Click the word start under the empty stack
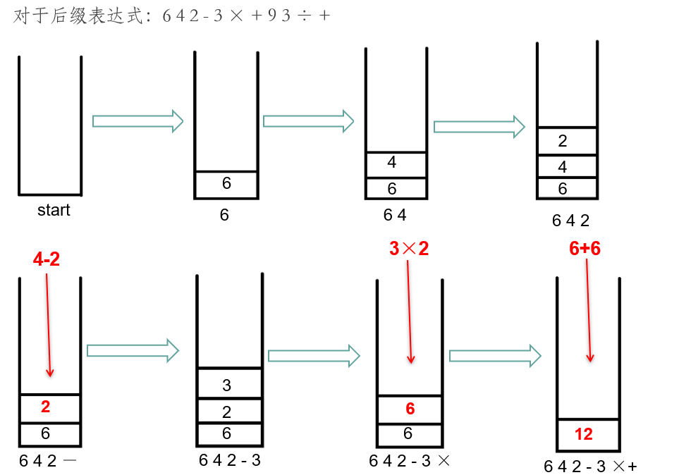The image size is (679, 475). pyautogui.click(x=54, y=210)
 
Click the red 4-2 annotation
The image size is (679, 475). pyautogui.click(x=47, y=259)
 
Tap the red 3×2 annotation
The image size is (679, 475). pyautogui.click(x=409, y=248)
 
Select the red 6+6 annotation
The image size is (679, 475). pyautogui.click(x=585, y=248)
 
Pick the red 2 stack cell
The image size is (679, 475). pyautogui.click(x=46, y=407)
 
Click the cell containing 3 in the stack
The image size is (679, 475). pyautogui.click(x=226, y=385)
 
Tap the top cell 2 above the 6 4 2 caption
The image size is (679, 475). pyautogui.click(x=562, y=141)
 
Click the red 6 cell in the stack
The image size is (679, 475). pyautogui.click(x=410, y=409)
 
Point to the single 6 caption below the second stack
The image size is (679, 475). pyautogui.click(x=224, y=214)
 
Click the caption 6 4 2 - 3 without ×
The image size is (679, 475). pyautogui.click(x=230, y=461)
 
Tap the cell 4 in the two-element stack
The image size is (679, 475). pyautogui.click(x=392, y=163)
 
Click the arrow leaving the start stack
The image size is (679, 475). pyautogui.click(x=137, y=121)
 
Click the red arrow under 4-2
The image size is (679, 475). pyautogui.click(x=48, y=325)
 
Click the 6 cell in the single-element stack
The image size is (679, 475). pyautogui.click(x=226, y=183)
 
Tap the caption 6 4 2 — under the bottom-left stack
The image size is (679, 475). pyautogui.click(x=49, y=461)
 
